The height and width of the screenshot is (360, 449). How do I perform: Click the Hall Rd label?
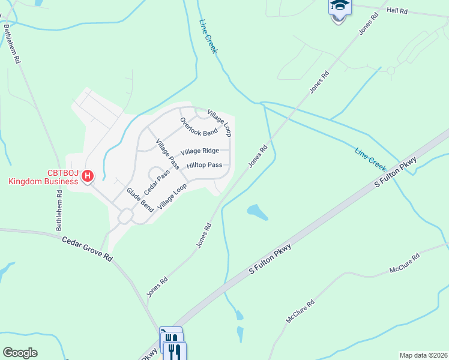click(x=397, y=11)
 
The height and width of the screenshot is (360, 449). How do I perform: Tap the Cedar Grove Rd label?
click(x=87, y=248)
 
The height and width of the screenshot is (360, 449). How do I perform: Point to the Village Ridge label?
click(x=199, y=151)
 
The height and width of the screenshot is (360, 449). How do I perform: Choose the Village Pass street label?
click(x=167, y=153)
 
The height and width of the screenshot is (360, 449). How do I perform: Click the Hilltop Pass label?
click(x=204, y=165)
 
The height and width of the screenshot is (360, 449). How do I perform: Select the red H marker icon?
click(x=88, y=176)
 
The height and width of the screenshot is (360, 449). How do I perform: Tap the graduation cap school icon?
click(x=339, y=7)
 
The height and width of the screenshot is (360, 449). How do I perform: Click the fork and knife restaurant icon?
click(x=175, y=351)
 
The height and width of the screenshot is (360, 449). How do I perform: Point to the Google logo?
click(x=20, y=353)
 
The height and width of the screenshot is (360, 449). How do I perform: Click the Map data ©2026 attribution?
click(x=423, y=355)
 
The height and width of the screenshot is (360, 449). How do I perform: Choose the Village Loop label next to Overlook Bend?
click(x=220, y=122)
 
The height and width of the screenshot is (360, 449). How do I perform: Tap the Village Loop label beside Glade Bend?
click(x=172, y=197)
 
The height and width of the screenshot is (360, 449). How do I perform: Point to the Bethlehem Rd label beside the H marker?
click(x=59, y=208)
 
